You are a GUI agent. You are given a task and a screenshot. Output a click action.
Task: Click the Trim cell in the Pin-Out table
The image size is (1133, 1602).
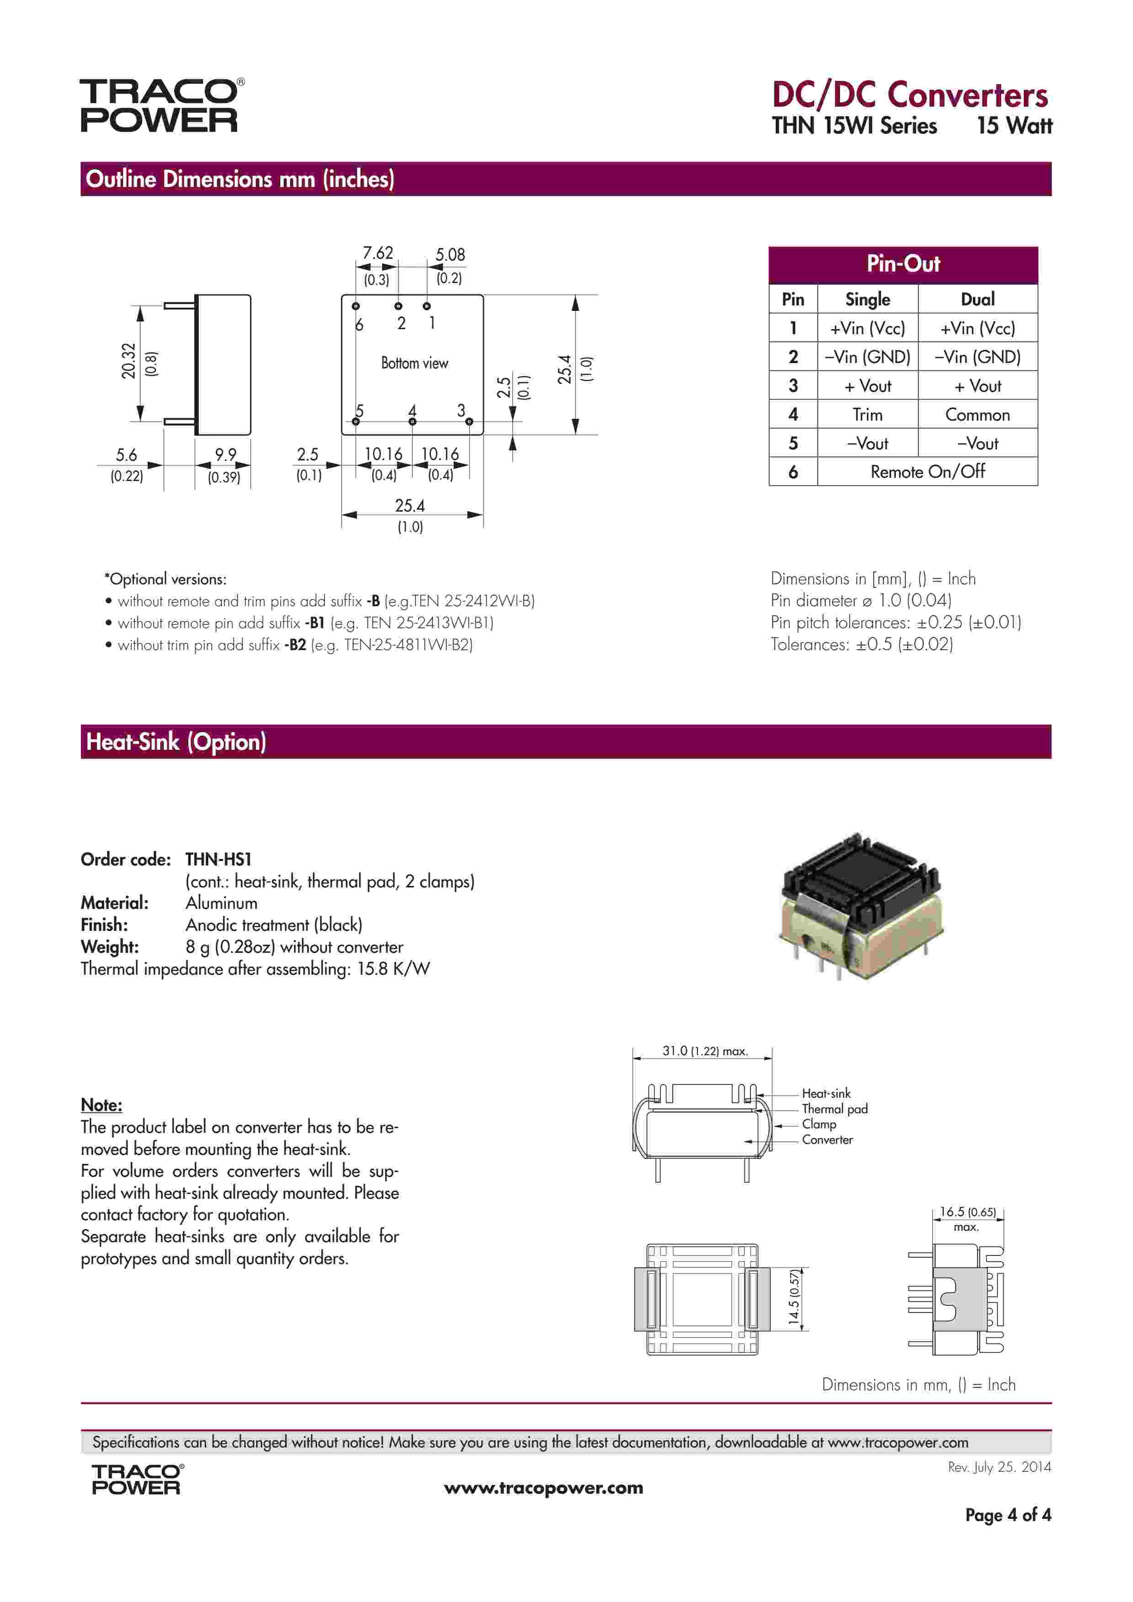coord(867,415)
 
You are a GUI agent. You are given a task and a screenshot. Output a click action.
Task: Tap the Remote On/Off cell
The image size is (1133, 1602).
coord(927,472)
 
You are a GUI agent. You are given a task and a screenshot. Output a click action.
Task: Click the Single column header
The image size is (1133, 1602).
coord(867,299)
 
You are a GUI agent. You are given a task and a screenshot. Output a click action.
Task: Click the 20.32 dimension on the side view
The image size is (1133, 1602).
coord(129,361)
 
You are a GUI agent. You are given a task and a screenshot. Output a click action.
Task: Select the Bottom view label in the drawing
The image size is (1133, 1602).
coord(415,363)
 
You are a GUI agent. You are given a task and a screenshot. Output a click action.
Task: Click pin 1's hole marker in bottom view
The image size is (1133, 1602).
coord(427,305)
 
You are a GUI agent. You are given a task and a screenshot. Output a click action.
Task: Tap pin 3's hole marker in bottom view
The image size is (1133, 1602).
coord(469,422)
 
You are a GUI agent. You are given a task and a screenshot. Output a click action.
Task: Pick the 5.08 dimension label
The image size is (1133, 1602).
coord(450,255)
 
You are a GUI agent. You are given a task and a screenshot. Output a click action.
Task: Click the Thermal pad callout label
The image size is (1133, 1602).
coord(835,1109)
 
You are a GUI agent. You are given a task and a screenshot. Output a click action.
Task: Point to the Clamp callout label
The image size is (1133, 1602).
coord(819,1124)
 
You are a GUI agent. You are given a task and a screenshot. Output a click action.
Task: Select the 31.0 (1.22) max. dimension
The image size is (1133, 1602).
coord(705,1051)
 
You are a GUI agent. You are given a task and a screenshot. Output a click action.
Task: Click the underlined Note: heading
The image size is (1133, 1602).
coord(101,1105)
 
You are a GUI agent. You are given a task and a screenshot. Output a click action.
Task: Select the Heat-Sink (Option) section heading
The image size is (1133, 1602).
coord(176,742)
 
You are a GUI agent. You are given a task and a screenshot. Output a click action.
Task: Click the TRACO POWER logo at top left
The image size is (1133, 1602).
coord(160,105)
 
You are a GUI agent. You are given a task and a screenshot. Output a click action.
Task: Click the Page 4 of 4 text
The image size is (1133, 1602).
coord(1007,1515)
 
